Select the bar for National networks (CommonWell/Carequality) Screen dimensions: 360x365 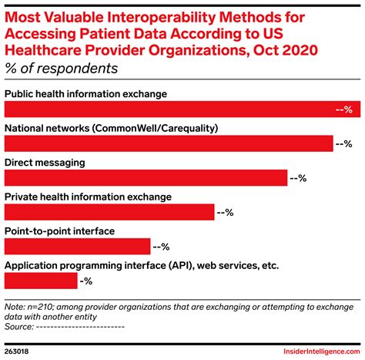pyautogui.click(x=169, y=143)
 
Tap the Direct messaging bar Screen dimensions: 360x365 pyautogui.click(x=146, y=178)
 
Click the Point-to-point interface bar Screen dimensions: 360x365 pyautogui.click(x=77, y=247)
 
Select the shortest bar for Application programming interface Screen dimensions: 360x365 pyautogui.click(x=41, y=281)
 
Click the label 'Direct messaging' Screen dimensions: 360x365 pyautogui.click(x=45, y=163)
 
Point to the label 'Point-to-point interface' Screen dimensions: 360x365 pyautogui.click(x=59, y=231)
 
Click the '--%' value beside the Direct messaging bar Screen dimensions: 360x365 pyautogui.click(x=298, y=178)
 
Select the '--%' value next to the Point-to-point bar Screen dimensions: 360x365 pyautogui.click(x=161, y=247)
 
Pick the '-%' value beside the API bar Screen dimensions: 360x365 pyautogui.click(x=86, y=281)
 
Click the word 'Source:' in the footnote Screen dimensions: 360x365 pyautogui.click(x=19, y=326)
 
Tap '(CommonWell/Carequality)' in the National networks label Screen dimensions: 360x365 pyautogui.click(x=202, y=128)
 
